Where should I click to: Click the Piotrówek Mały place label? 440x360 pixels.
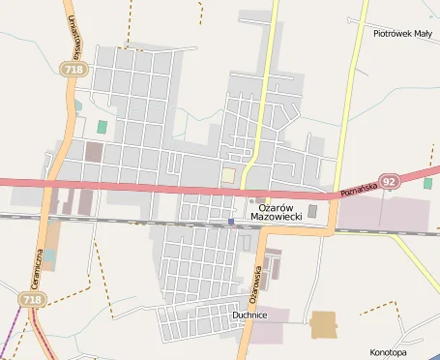click(x=402, y=33)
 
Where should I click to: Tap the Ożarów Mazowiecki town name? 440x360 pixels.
click(x=277, y=211)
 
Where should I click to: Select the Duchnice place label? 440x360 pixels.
click(x=249, y=315)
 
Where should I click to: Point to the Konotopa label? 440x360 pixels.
click(x=389, y=352)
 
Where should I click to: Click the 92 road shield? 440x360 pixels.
click(x=389, y=181)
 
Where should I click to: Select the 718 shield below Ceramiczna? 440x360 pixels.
click(x=32, y=301)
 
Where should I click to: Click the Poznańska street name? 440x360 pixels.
click(x=357, y=187)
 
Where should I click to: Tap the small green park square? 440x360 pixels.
click(x=102, y=127)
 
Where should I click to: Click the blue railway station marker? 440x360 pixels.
click(x=231, y=222)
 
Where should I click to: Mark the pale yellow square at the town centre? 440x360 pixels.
click(x=228, y=174)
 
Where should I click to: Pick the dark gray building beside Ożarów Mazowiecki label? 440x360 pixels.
click(x=311, y=211)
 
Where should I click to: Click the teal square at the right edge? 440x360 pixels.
click(x=427, y=182)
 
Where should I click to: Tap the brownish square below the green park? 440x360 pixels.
click(x=94, y=151)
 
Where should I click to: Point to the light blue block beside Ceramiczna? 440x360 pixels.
click(x=48, y=258)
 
